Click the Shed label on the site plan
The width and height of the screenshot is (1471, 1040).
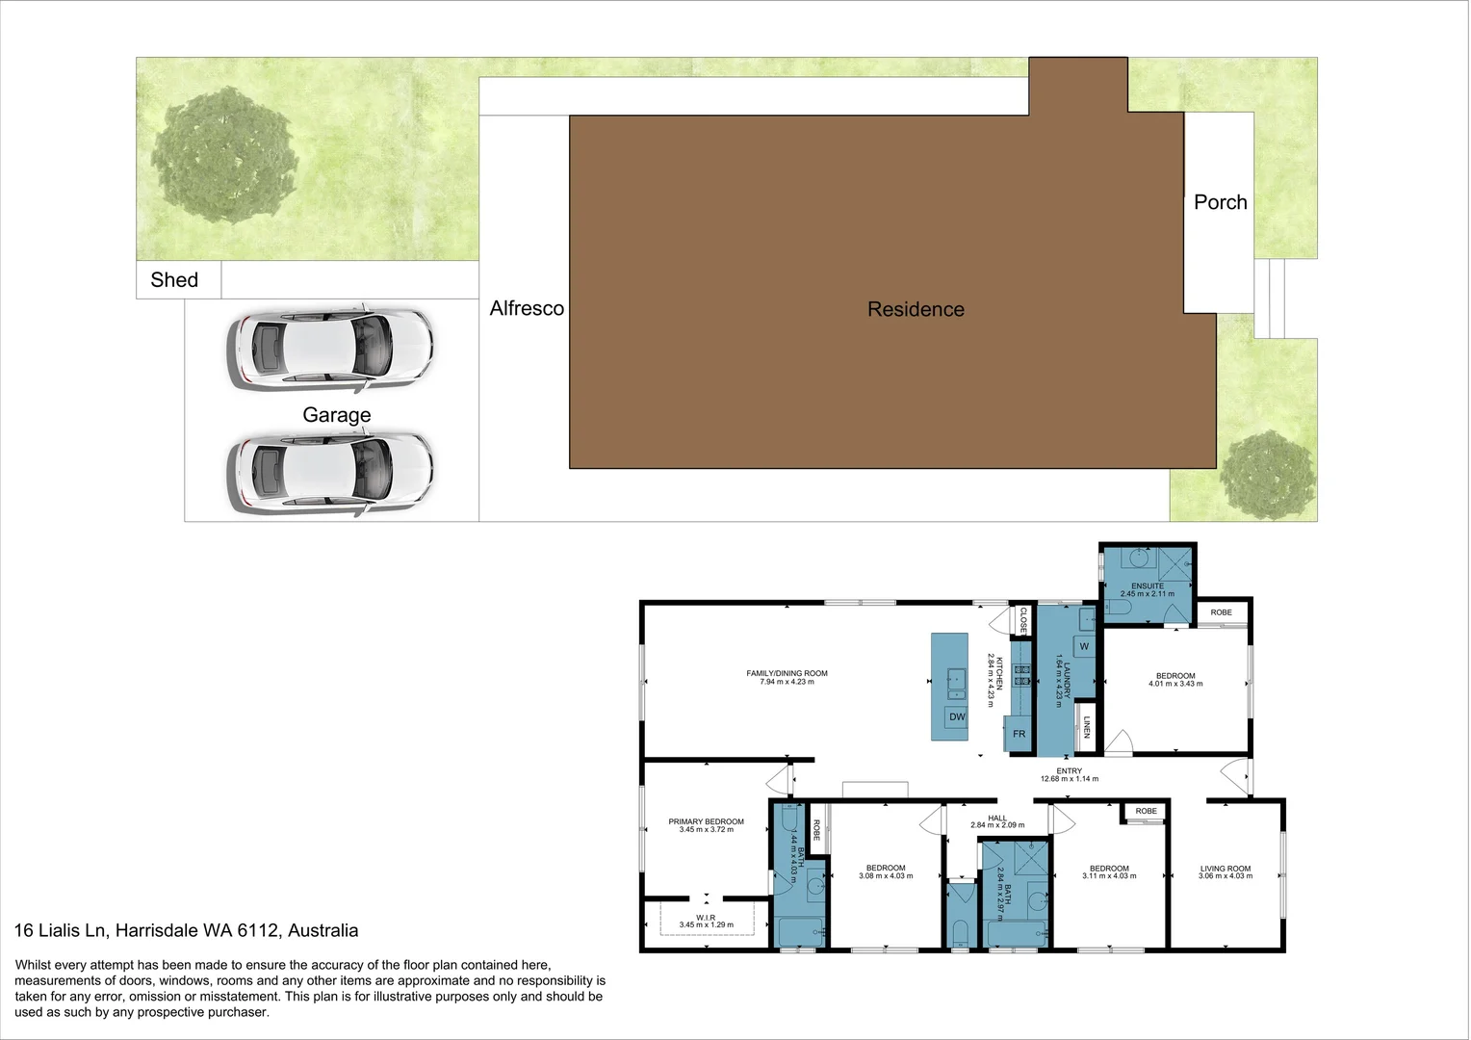pyautogui.click(x=174, y=280)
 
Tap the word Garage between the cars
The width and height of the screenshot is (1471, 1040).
pyautogui.click(x=336, y=415)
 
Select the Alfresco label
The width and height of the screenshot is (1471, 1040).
pyautogui.click(x=527, y=308)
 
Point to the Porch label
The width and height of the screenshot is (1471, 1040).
pyautogui.click(x=1220, y=202)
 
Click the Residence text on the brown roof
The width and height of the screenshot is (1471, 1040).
pyautogui.click(x=916, y=309)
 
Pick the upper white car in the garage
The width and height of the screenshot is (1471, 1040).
pyautogui.click(x=330, y=351)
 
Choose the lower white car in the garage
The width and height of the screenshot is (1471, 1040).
pyautogui.click(x=330, y=473)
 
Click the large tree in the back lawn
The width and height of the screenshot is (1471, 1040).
pyautogui.click(x=224, y=156)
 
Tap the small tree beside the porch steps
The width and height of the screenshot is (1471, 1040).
pyautogui.click(x=1266, y=476)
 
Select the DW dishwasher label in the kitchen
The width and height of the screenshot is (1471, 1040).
pyautogui.click(x=957, y=717)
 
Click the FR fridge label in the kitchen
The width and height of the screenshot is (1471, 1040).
pyautogui.click(x=1019, y=734)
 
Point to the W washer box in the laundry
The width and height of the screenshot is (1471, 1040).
pyautogui.click(x=1084, y=646)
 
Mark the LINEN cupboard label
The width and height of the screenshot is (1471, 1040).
pyautogui.click(x=1087, y=727)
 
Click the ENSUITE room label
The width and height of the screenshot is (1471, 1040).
pyautogui.click(x=1148, y=585)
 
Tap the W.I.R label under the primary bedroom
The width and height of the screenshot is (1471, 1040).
pyautogui.click(x=706, y=918)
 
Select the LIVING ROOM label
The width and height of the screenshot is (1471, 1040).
pyautogui.click(x=1226, y=869)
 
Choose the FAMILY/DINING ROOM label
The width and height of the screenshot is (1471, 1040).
pyautogui.click(x=787, y=673)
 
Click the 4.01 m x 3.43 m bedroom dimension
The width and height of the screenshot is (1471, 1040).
pyautogui.click(x=1175, y=684)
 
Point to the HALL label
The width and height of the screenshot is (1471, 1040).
pyautogui.click(x=997, y=819)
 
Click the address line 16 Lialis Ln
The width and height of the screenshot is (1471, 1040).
pyautogui.click(x=186, y=931)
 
